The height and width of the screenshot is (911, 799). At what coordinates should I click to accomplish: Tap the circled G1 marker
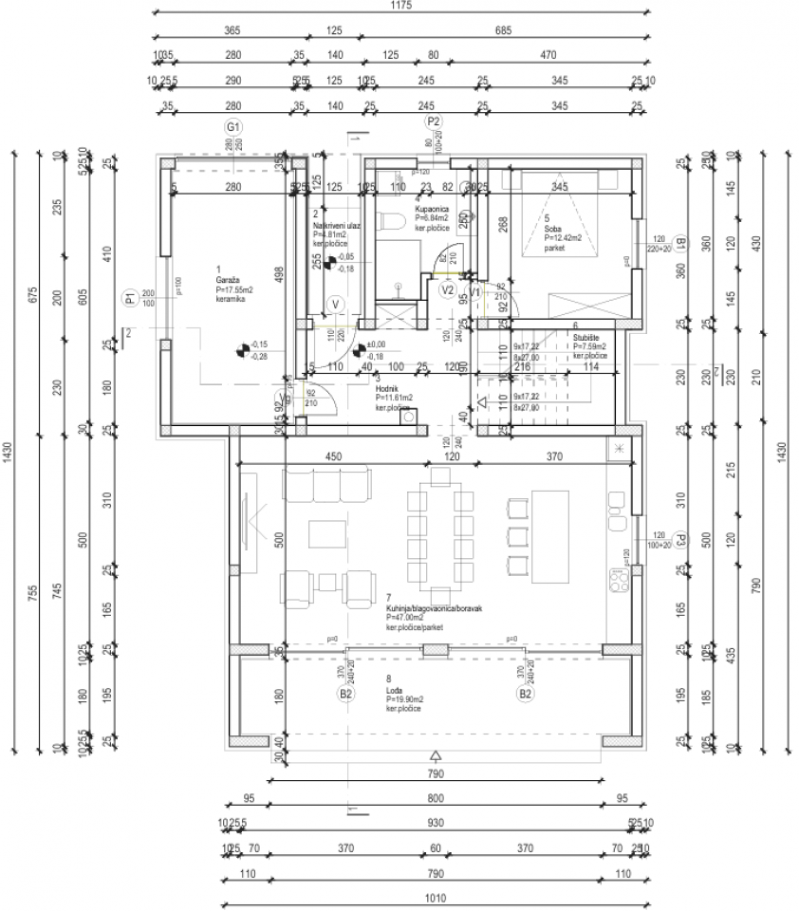coord(232,127)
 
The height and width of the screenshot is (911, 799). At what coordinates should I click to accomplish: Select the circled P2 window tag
coord(433,121)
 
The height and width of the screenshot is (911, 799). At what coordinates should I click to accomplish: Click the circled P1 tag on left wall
coord(131,300)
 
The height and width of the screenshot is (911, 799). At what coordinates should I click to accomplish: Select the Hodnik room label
coord(385,388)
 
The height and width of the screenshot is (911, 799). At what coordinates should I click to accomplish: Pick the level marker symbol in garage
coord(243,351)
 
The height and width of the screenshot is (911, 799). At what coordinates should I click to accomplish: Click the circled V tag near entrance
coord(334,305)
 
